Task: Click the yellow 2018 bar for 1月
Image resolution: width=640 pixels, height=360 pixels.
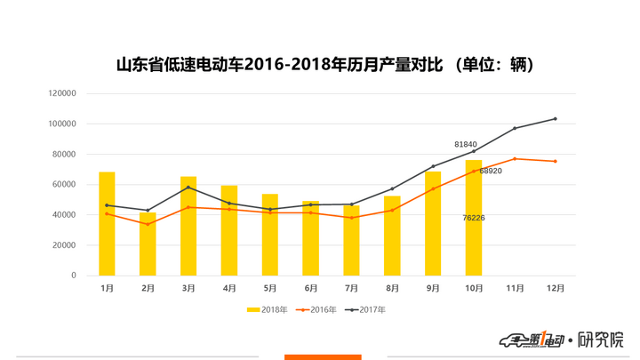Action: point(107,224)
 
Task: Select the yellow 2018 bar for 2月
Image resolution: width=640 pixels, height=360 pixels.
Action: point(148,244)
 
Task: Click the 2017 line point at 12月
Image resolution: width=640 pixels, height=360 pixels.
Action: point(556,118)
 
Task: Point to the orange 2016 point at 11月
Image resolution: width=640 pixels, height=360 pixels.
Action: point(515,158)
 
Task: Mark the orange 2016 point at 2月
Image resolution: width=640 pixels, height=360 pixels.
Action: point(148,224)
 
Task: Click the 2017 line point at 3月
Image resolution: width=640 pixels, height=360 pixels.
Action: point(188,187)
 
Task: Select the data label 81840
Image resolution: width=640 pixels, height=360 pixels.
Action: point(466,144)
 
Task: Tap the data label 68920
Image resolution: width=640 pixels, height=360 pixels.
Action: point(491,171)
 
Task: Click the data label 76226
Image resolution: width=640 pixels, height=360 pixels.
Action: point(474,218)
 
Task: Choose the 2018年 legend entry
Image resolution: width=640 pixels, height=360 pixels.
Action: point(267,309)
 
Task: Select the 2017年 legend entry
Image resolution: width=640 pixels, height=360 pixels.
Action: point(368,309)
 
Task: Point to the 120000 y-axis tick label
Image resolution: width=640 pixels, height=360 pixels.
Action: point(62,93)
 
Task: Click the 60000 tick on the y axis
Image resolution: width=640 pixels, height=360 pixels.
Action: point(65,185)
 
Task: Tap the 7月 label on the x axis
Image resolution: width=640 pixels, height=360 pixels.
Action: point(351,288)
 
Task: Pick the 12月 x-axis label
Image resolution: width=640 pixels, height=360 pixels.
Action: point(556,288)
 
